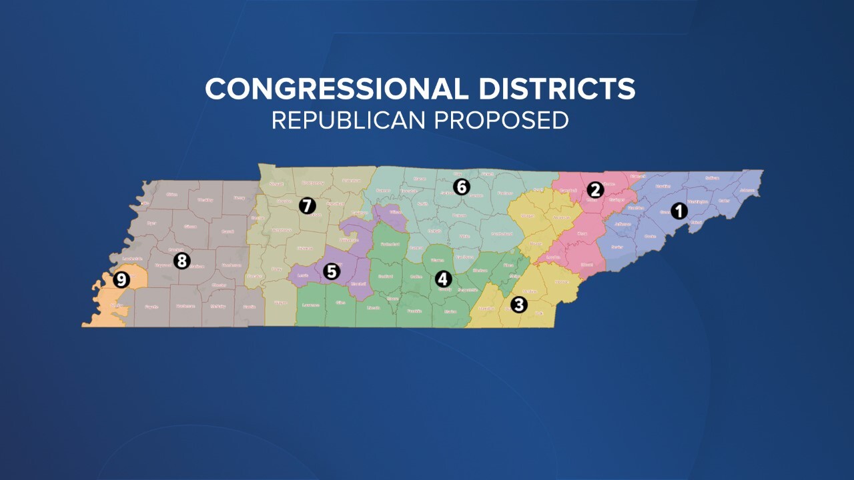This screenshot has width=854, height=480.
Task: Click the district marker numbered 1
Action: coord(679,211)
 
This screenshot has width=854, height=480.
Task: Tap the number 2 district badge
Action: coord(594,190)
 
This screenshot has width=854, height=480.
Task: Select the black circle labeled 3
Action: coord(518,305)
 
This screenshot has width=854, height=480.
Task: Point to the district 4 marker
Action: coord(443,278)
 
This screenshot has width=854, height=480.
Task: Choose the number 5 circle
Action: coord(332,271)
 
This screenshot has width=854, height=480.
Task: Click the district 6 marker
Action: coord(461,187)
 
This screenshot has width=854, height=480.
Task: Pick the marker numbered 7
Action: coord(307,205)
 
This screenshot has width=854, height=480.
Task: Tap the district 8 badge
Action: coord(181,260)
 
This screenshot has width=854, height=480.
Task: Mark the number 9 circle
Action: coord(121,279)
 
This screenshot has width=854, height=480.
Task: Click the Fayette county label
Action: coord(151,307)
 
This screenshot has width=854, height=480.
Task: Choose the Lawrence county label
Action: coord(311,305)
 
